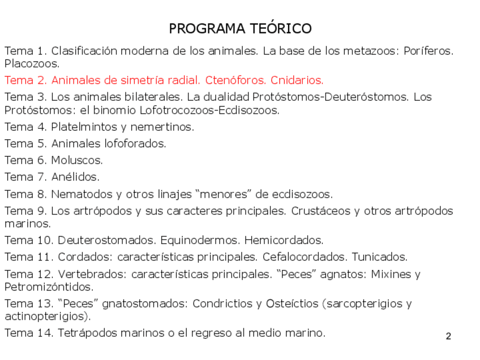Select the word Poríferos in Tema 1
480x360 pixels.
coord(428,51)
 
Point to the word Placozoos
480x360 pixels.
coord(32,63)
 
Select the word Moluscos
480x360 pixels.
coord(77,161)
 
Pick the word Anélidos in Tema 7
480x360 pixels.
coord(75,177)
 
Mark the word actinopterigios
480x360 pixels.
coord(45,316)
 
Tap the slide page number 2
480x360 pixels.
coord(448,337)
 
